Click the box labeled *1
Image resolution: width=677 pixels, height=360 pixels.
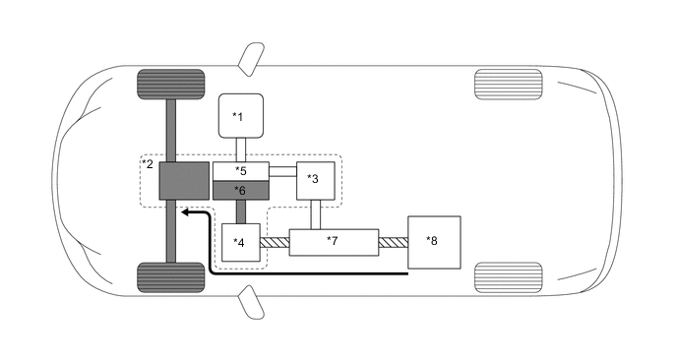click(240, 116)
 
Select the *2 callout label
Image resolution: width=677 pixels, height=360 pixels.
click(148, 163)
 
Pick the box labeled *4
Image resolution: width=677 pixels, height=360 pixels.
click(241, 242)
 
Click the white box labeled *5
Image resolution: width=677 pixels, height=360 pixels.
click(240, 172)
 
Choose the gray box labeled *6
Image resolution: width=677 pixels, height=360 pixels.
click(240, 189)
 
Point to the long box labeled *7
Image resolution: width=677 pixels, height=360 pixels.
click(334, 241)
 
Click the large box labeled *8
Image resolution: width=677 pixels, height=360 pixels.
click(434, 240)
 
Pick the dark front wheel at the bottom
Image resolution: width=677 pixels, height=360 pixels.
click(171, 276)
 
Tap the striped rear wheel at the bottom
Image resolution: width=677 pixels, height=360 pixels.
click(508, 276)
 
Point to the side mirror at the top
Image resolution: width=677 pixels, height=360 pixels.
click(253, 54)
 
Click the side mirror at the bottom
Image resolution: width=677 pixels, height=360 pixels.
click(253, 304)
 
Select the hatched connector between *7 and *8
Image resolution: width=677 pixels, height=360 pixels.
click(394, 241)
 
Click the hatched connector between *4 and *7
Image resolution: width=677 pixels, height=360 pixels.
click(275, 241)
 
